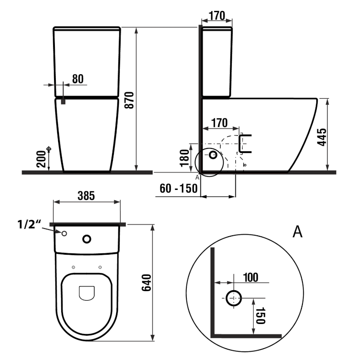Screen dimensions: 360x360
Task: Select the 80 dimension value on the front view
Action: (77, 79)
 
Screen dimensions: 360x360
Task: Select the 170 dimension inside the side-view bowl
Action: (219, 122)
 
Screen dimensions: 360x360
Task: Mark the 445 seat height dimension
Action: (321, 136)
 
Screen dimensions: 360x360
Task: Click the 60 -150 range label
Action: (179, 188)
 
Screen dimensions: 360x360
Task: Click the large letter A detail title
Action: (297, 232)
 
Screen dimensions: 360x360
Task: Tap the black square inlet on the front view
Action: (63, 101)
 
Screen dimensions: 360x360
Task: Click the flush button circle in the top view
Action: (87, 238)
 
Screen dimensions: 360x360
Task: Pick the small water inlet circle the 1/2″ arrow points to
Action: (64, 233)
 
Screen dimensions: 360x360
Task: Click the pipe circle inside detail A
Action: (234, 297)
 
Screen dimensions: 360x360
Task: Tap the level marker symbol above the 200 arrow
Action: (49, 148)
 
